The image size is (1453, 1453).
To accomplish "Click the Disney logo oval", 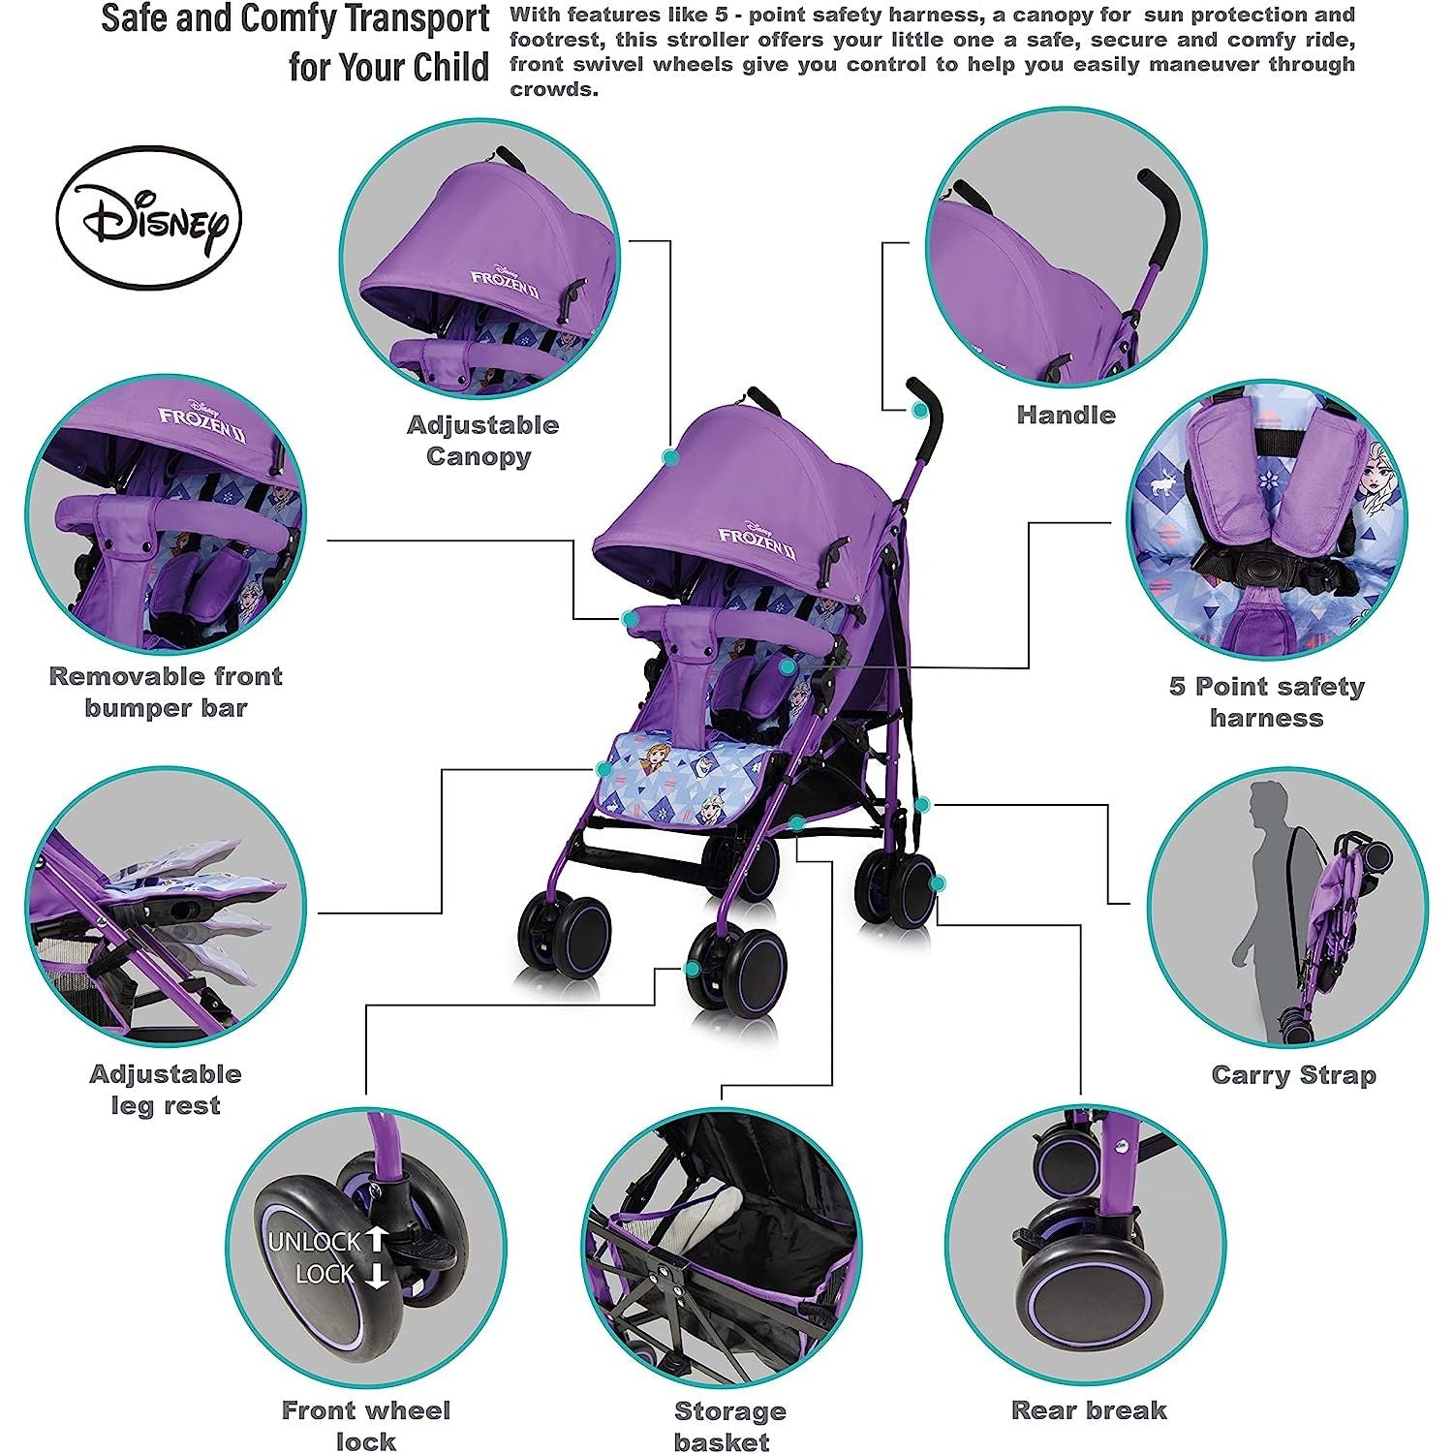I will click(148, 217).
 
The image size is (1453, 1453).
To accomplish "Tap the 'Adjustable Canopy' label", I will click(481, 440).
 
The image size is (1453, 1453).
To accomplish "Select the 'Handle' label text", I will click(1066, 415).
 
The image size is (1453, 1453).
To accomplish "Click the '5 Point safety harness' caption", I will click(1266, 701).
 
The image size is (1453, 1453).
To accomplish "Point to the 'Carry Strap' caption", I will click(1293, 1074).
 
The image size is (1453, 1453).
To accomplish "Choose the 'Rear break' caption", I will click(1089, 1409).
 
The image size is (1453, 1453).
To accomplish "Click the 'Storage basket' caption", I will click(728, 1425).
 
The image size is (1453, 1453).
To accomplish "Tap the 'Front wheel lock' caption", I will click(365, 1425).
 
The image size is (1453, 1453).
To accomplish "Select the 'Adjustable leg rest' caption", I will click(166, 1089).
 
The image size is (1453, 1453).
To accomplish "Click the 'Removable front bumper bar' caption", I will click(166, 692).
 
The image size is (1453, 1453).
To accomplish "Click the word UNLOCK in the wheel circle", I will click(314, 1241).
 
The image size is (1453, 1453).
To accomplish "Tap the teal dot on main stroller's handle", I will click(918, 410).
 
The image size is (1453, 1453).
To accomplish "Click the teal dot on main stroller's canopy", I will click(669, 455).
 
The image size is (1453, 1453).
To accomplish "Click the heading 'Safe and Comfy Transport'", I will click(295, 19).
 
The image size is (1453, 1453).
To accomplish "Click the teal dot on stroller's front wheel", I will click(694, 968).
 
